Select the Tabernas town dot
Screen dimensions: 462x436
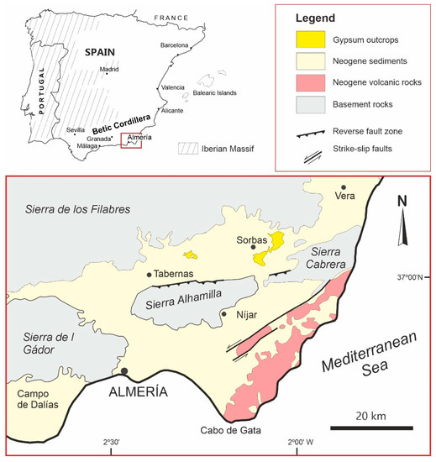click(x=150, y=275)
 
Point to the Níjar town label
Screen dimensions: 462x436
click(x=241, y=317)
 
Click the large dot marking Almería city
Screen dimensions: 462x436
click(x=124, y=371)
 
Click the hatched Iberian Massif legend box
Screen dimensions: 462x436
click(x=190, y=149)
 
